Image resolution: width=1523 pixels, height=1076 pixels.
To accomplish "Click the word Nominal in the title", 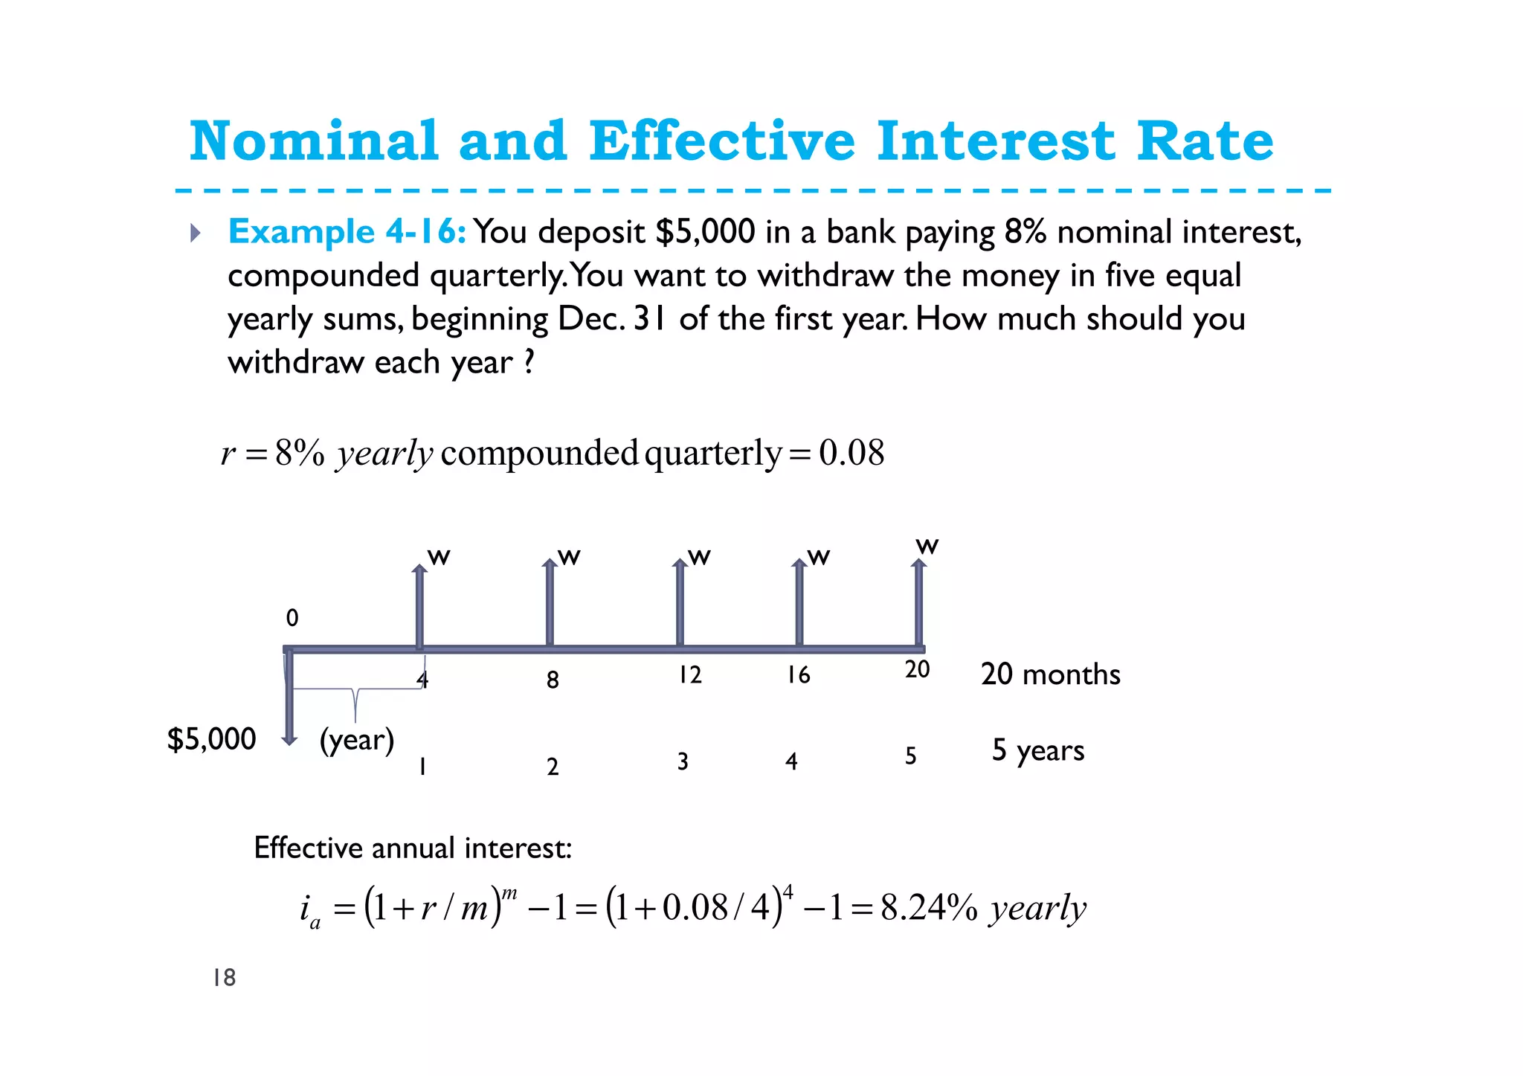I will click(314, 141).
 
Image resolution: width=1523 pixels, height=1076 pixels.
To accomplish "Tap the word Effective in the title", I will click(721, 141).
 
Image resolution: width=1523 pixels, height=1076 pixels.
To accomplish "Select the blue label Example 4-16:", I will click(347, 232).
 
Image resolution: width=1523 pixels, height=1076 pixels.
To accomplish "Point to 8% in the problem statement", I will click(1025, 232).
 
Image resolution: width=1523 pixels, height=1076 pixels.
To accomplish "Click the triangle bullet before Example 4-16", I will click(196, 233).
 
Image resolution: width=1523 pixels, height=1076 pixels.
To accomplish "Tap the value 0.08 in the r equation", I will click(851, 453).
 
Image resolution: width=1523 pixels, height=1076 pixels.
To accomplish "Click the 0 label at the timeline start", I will click(292, 618).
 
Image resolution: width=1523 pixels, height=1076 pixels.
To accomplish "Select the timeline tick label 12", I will click(689, 675).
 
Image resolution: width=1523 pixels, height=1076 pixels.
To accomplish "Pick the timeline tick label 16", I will click(798, 675).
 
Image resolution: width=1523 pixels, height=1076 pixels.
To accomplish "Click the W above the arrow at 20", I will click(927, 547).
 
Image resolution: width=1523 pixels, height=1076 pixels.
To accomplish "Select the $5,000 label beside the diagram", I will click(212, 739).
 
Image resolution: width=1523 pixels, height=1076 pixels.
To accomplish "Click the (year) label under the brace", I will click(357, 741).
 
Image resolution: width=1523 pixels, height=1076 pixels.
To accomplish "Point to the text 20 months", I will click(1050, 674).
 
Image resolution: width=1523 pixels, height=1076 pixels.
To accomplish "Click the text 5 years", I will click(1038, 751).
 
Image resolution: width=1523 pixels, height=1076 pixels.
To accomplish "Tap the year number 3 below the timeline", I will click(683, 761).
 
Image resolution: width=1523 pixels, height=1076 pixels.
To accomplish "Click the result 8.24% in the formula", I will click(929, 908).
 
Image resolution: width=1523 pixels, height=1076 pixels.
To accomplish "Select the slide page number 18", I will click(224, 978).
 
